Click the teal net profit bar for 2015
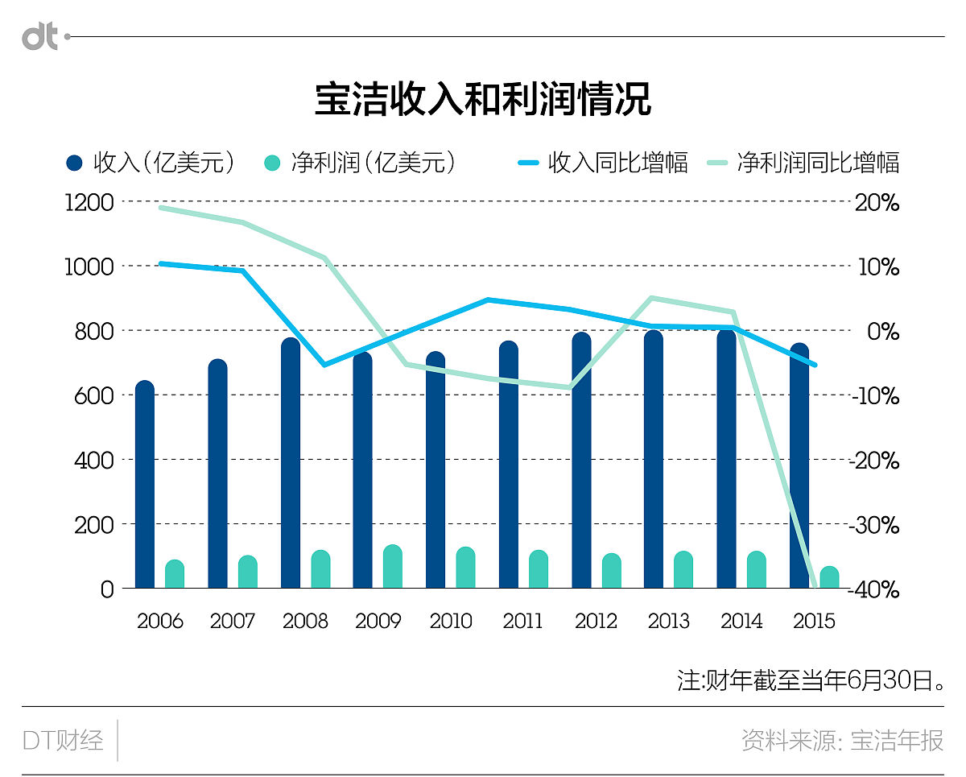[829, 577]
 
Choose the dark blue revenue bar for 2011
[509, 467]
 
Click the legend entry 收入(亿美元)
[153, 163]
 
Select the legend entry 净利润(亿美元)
[361, 163]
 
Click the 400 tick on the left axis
[95, 460]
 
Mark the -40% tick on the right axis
[876, 589]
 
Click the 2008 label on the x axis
[305, 622]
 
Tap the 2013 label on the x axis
[668, 622]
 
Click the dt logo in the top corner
[40, 37]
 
